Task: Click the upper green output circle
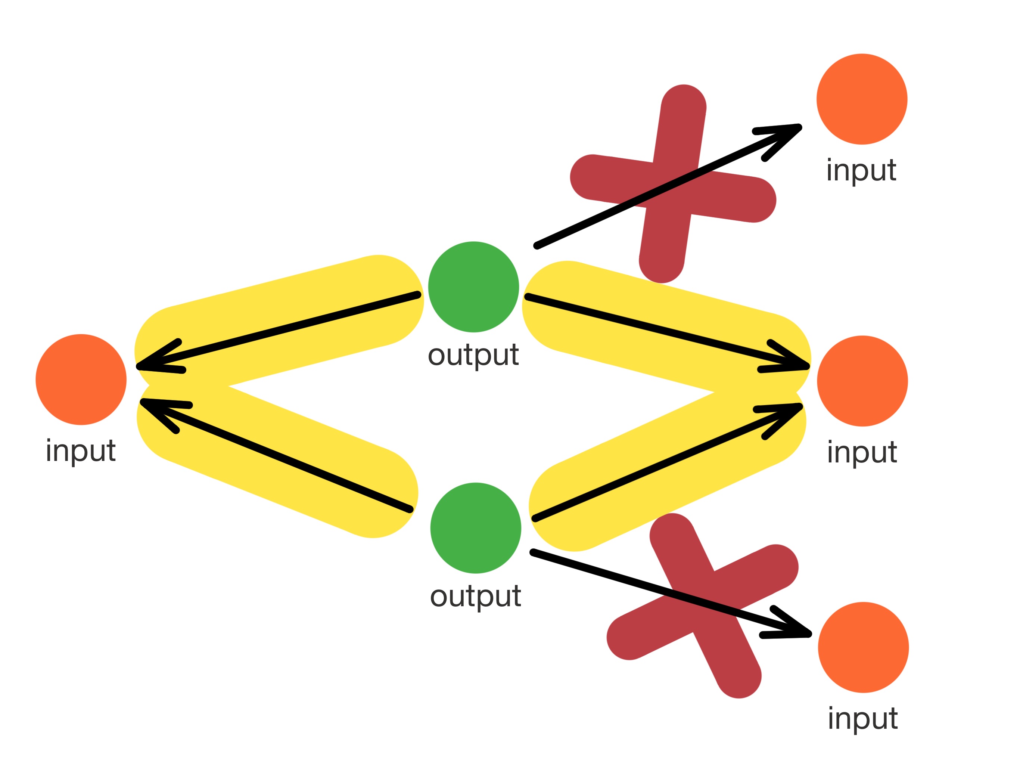[x=473, y=287]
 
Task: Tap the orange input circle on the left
[x=81, y=379]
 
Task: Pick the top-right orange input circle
[x=862, y=99]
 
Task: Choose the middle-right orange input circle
[x=862, y=381]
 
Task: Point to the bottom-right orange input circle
[x=863, y=647]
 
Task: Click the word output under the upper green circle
[x=473, y=355]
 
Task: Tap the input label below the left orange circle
[x=81, y=451]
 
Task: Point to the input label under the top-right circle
[x=861, y=170]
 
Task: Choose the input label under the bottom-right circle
[x=863, y=718]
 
